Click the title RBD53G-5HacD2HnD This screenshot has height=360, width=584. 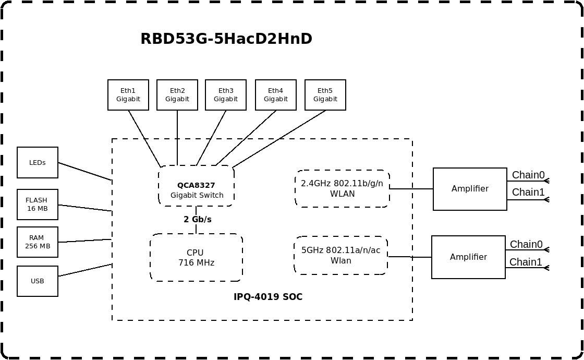tap(226, 39)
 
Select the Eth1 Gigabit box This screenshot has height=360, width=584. tap(128, 95)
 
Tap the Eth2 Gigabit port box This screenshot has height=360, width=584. tap(177, 95)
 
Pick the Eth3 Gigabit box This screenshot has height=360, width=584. tap(226, 95)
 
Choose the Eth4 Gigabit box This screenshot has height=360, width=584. tap(276, 95)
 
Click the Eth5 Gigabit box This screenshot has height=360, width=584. tap(325, 95)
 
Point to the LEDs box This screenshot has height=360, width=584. tap(38, 163)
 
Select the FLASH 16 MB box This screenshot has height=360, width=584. tap(38, 205)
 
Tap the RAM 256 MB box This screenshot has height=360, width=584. tap(38, 242)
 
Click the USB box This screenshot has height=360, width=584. tap(38, 281)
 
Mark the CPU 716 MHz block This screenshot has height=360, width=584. tap(196, 258)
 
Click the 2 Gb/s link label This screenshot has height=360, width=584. tap(198, 220)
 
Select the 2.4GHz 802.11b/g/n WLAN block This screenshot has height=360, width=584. tap(342, 189)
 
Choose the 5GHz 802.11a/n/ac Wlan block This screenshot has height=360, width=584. tap(341, 256)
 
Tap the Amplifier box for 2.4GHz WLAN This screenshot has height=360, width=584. tap(470, 189)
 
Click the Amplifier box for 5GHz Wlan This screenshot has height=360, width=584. tap(468, 257)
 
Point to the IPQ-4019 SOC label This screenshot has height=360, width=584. tap(268, 297)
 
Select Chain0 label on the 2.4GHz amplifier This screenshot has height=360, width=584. tap(528, 175)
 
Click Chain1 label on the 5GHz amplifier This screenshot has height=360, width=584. tap(526, 262)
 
